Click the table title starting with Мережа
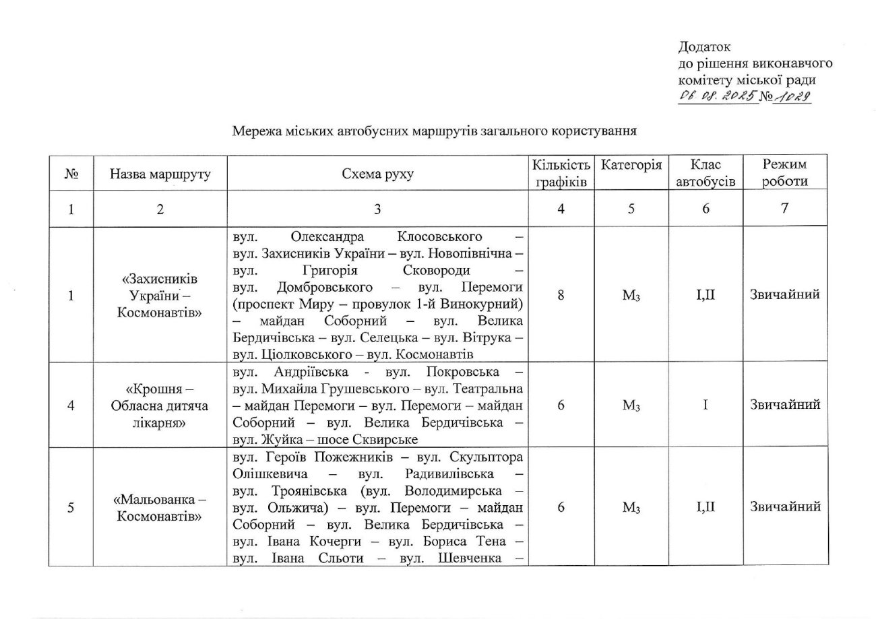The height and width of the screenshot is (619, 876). pyautogui.click(x=435, y=131)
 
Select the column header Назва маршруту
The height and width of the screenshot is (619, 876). pyautogui.click(x=160, y=174)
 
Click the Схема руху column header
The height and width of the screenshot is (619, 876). pyautogui.click(x=377, y=174)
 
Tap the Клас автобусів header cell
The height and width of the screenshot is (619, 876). pyautogui.click(x=705, y=173)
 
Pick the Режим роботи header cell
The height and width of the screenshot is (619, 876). pyautogui.click(x=784, y=173)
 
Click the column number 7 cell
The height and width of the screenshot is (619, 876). pyautogui.click(x=784, y=209)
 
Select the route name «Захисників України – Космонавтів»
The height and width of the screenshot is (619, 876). pyautogui.click(x=160, y=295)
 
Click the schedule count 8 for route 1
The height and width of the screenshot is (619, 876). pyautogui.click(x=561, y=295)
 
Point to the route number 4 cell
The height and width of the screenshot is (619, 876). pyautogui.click(x=71, y=405)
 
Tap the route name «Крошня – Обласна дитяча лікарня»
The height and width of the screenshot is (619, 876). pyautogui.click(x=160, y=405)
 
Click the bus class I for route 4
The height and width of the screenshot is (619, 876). pyautogui.click(x=705, y=405)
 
